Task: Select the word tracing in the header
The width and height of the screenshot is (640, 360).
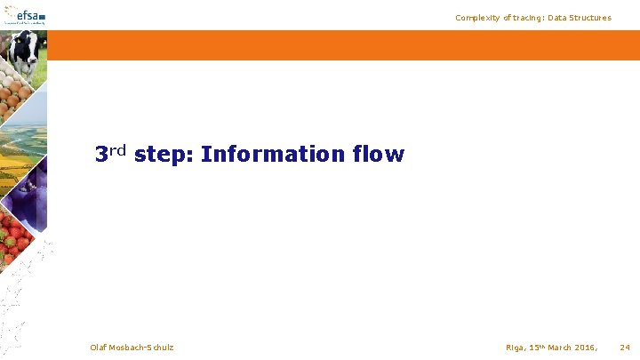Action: tap(530, 18)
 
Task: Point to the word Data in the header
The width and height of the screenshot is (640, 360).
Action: tap(564, 18)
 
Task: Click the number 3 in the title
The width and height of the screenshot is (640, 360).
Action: tap(102, 155)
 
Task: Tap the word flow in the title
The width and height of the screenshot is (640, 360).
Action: tap(379, 155)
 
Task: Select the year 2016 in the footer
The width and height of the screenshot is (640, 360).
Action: tap(587, 347)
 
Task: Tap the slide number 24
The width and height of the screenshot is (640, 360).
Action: tap(625, 347)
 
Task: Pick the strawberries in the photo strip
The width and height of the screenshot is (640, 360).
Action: tap(16, 236)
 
